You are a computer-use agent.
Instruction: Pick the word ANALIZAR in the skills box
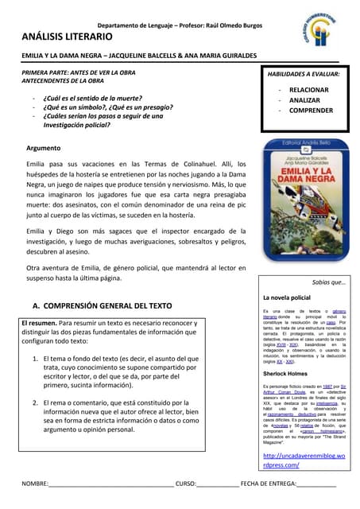click(x=305, y=100)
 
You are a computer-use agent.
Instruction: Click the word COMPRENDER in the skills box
click(x=311, y=111)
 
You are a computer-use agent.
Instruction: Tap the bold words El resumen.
click(x=39, y=324)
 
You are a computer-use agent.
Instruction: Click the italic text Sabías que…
click(x=328, y=282)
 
